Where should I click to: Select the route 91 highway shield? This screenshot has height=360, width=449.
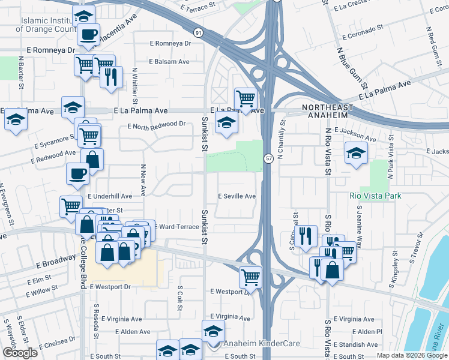click(198, 32)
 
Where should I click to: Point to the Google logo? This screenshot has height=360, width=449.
click(20, 353)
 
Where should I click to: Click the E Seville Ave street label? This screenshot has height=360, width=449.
click(237, 196)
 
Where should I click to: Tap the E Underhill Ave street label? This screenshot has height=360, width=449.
click(110, 196)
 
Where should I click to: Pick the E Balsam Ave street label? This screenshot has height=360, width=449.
click(169, 62)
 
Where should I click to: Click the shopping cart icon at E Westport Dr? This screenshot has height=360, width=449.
click(250, 277)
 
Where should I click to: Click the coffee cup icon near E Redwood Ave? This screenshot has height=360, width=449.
click(77, 173)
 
